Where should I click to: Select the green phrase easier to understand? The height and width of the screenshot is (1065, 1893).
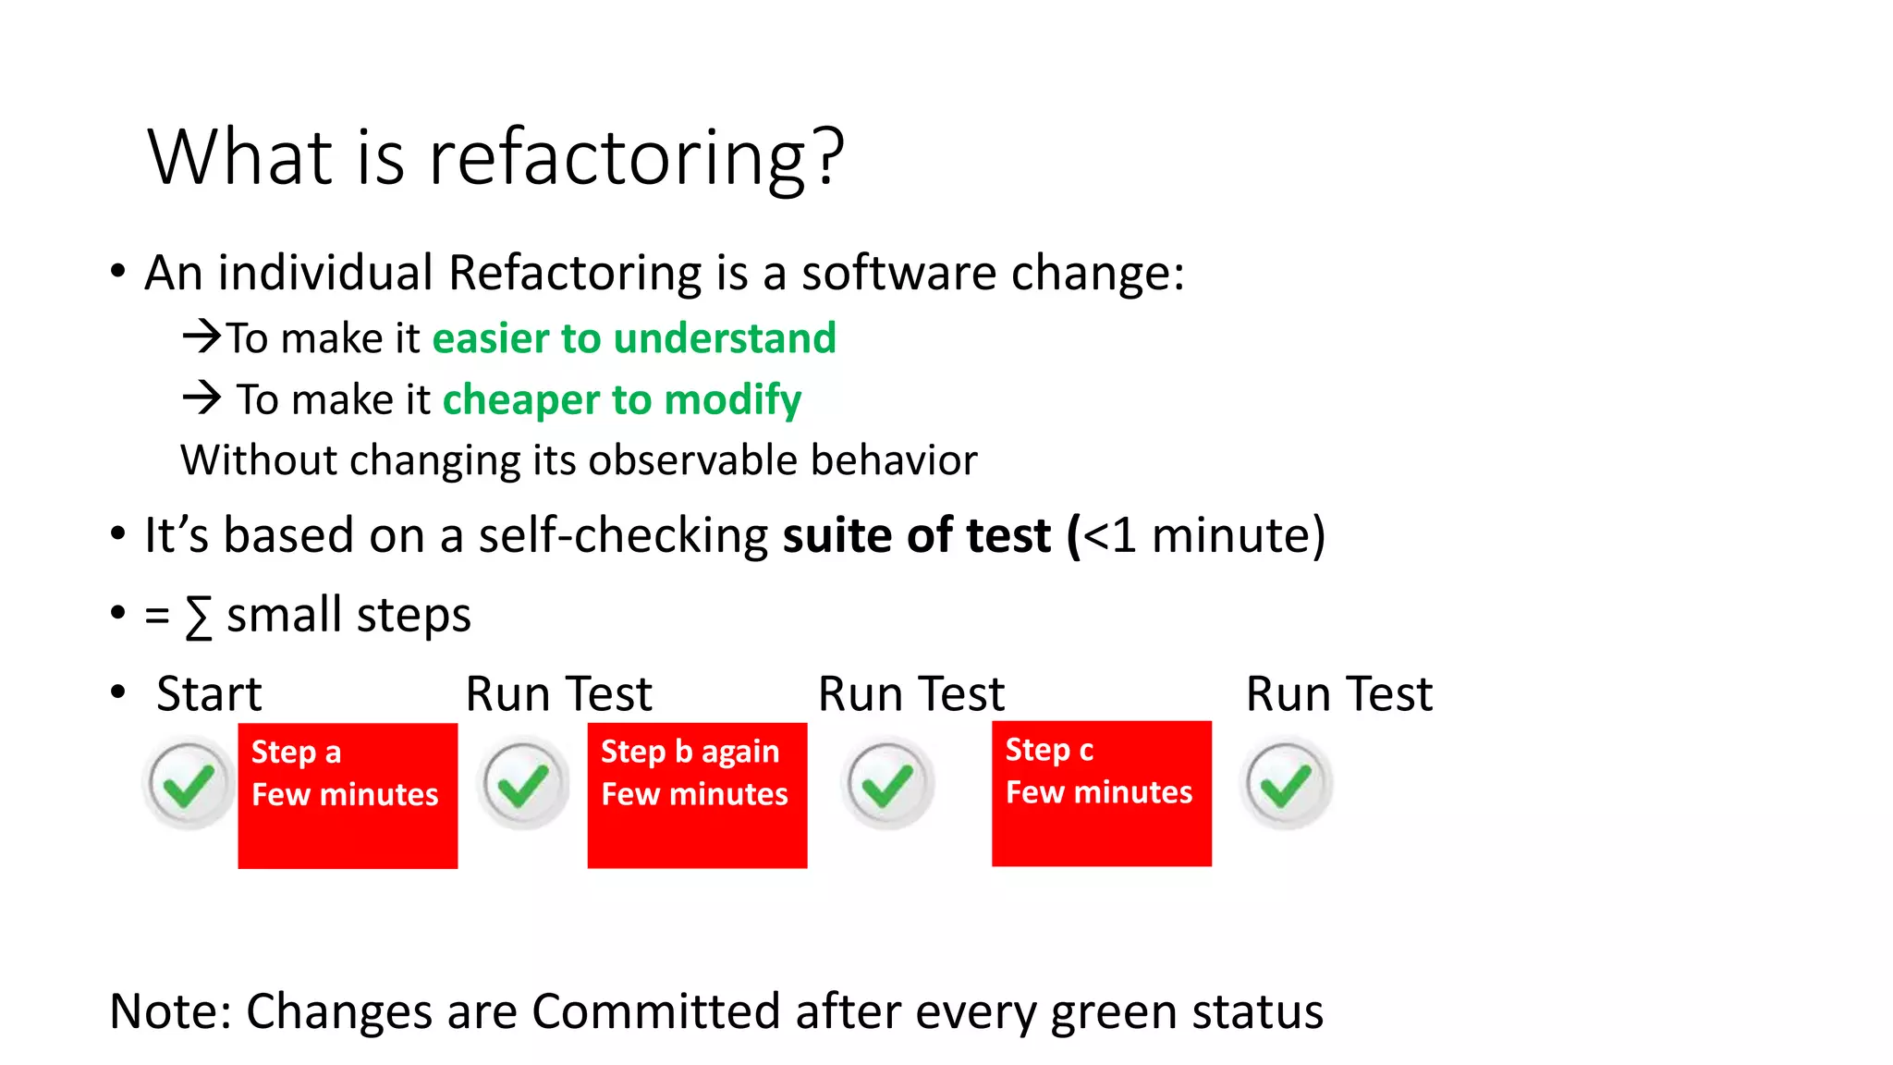pyautogui.click(x=634, y=338)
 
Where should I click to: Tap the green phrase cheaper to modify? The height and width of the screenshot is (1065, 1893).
pyautogui.click(x=621, y=399)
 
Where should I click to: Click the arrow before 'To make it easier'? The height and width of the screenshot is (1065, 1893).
pyautogui.click(x=202, y=336)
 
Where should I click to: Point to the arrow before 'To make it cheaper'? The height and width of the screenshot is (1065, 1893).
pyautogui.click(x=202, y=398)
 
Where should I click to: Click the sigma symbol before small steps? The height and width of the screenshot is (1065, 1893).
pyautogui.click(x=198, y=617)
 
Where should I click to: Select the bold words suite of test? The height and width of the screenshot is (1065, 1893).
pyautogui.click(x=917, y=535)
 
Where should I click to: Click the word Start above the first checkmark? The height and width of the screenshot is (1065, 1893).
pyautogui.click(x=209, y=693)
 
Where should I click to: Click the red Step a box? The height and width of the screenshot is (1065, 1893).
pyautogui.click(x=348, y=795)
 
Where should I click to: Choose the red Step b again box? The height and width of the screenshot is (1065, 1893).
pyautogui.click(x=697, y=795)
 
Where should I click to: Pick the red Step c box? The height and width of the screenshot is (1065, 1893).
pyautogui.click(x=1101, y=793)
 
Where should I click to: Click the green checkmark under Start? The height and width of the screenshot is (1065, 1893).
pyautogui.click(x=189, y=784)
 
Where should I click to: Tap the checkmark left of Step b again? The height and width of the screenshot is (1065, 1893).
pyautogui.click(x=523, y=784)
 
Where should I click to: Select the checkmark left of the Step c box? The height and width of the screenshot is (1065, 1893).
pyautogui.click(x=887, y=784)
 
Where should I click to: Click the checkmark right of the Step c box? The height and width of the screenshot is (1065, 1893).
pyautogui.click(x=1286, y=784)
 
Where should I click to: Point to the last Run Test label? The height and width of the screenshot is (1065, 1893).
pyautogui.click(x=1338, y=693)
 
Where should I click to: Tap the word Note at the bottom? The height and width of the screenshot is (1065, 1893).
pyautogui.click(x=170, y=1011)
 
